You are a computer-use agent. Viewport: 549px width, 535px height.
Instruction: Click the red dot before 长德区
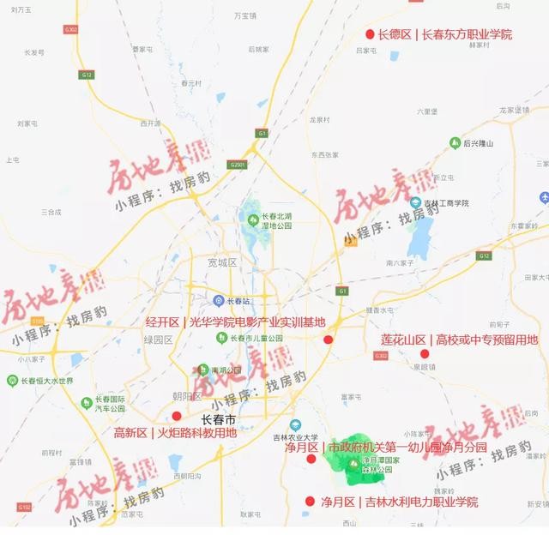click(x=370, y=34)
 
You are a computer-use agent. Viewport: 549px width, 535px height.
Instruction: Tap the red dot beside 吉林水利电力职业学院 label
click(x=310, y=502)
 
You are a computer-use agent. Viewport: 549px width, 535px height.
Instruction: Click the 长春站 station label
click(x=232, y=300)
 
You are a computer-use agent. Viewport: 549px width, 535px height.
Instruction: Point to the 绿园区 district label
click(x=158, y=340)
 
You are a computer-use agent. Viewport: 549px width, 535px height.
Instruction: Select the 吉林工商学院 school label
click(x=443, y=203)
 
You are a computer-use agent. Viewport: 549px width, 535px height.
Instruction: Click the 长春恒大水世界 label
click(x=46, y=381)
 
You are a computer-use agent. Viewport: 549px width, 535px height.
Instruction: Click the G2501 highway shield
click(x=238, y=164)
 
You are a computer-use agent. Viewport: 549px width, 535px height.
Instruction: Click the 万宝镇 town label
click(x=245, y=15)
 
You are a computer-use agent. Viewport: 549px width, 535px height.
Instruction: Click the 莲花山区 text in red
click(x=403, y=340)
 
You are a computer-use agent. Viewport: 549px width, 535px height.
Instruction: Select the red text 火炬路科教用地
click(x=196, y=433)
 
